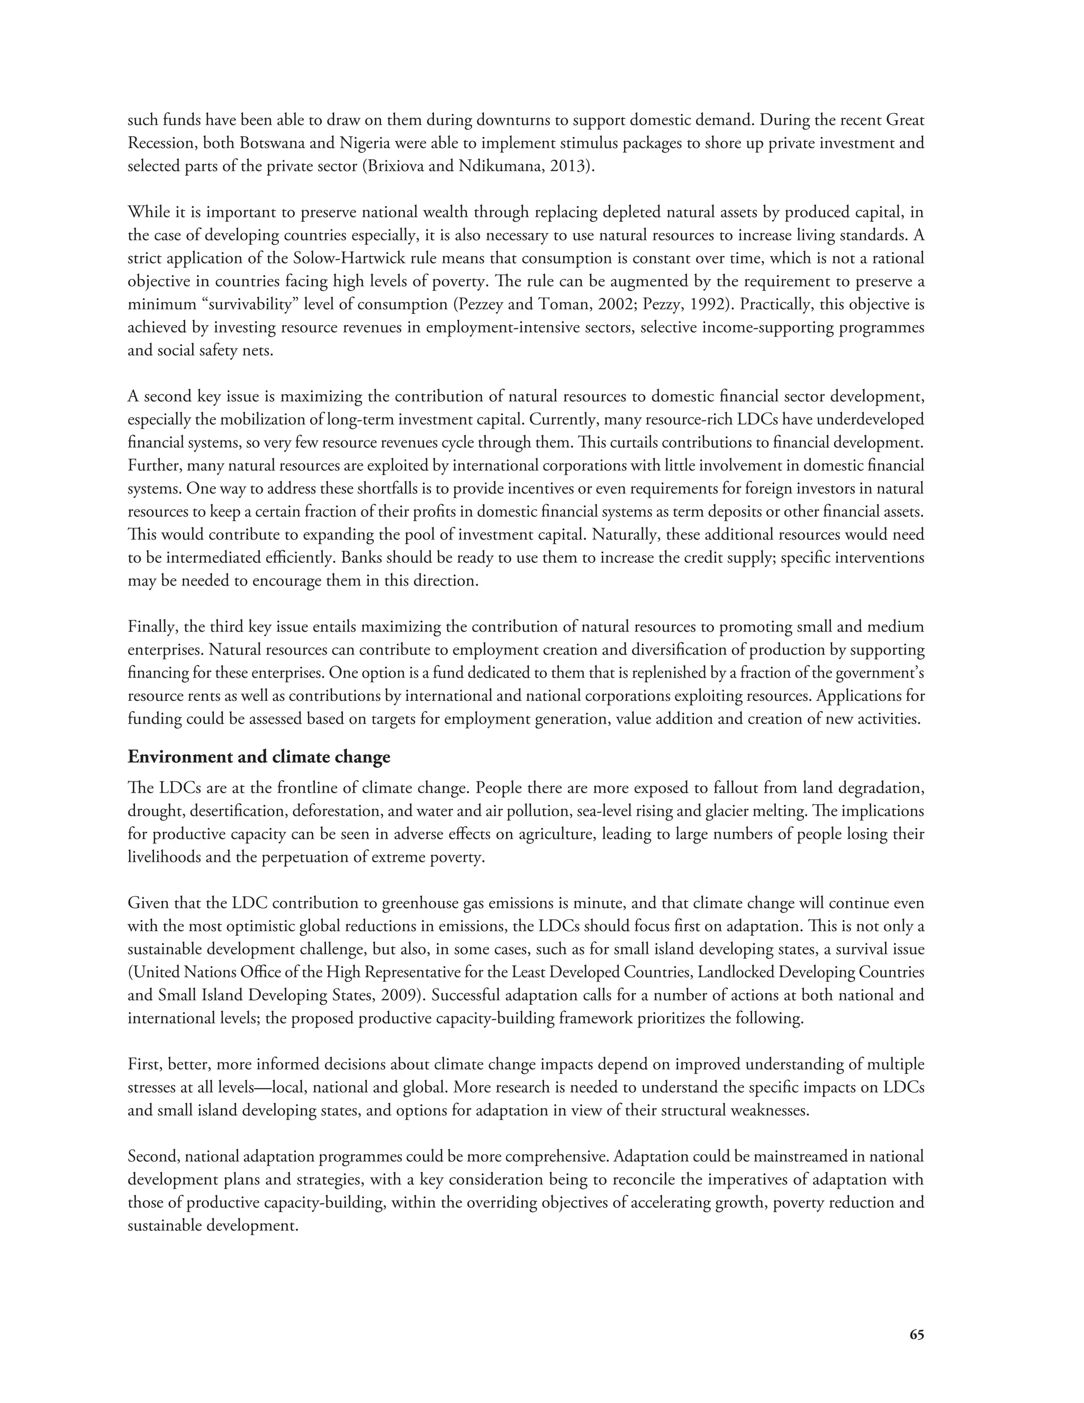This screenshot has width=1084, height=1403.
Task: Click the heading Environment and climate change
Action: click(x=259, y=757)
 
